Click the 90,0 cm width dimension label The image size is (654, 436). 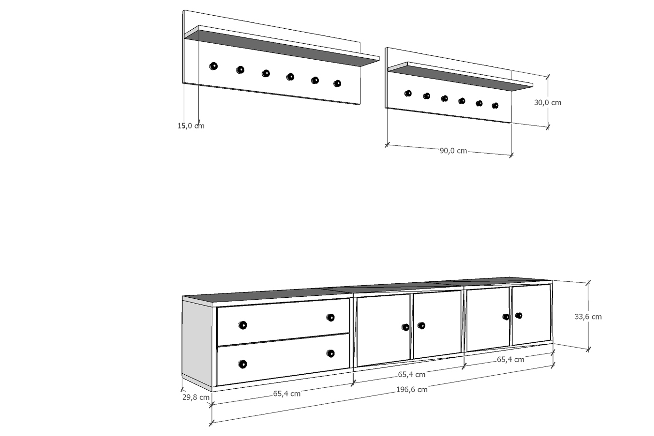[x=453, y=151]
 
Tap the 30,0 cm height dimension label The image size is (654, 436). [x=547, y=103]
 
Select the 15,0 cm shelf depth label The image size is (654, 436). [x=191, y=126]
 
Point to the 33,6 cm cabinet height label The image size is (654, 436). [x=588, y=316]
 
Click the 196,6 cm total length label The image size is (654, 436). [x=412, y=389]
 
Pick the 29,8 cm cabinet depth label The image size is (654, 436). [x=196, y=397]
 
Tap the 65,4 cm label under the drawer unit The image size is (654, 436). [x=287, y=393]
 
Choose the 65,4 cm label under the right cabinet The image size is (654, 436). [x=511, y=359]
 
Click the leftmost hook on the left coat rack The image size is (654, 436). [x=213, y=66]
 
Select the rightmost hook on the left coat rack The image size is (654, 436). [x=337, y=83]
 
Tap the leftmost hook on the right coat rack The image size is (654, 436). [x=408, y=93]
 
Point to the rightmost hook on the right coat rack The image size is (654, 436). [x=495, y=106]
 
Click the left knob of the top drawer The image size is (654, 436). [x=243, y=325]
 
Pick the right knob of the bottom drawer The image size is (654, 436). [x=330, y=354]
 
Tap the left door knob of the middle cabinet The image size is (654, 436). [x=405, y=327]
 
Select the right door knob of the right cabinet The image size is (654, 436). [x=518, y=315]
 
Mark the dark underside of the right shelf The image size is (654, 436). [x=460, y=78]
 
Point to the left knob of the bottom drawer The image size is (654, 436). [x=243, y=364]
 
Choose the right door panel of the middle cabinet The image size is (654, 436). [x=437, y=324]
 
